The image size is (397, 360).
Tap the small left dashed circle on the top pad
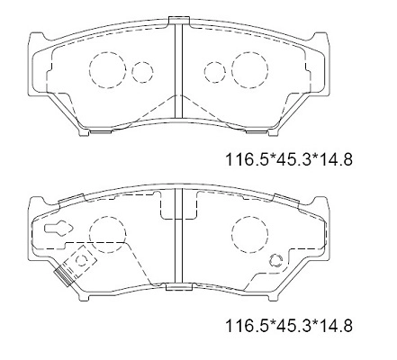[x=142, y=70]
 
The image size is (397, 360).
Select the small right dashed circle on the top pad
[x=214, y=70]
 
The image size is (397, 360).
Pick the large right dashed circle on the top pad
[x=249, y=68]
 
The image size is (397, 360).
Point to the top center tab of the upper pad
[x=178, y=21]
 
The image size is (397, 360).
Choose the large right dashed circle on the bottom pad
[x=249, y=235]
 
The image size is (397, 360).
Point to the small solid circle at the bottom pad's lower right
[x=275, y=260]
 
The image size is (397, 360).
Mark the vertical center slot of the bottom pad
[x=178, y=238]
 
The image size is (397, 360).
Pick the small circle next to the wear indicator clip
[x=82, y=260]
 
